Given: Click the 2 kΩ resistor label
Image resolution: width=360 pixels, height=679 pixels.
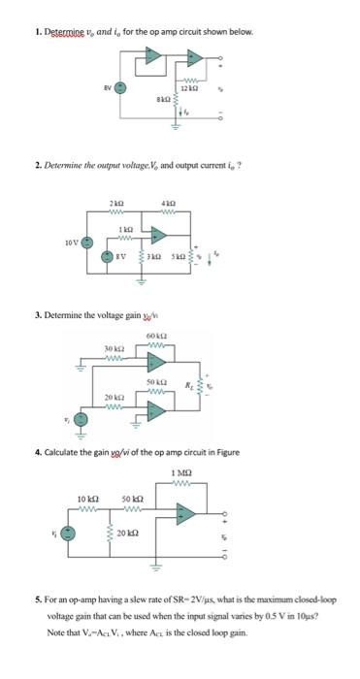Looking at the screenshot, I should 116,201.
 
